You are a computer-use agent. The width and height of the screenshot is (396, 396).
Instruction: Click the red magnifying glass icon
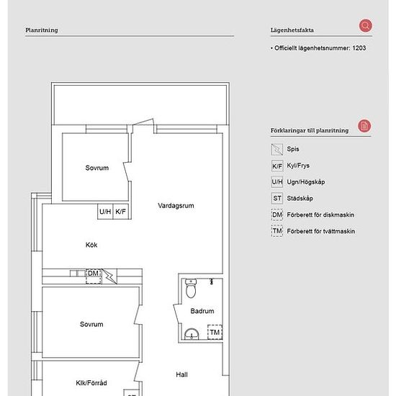coord(366,25)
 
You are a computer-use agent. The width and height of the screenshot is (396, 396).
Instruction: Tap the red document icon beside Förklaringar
coord(364,126)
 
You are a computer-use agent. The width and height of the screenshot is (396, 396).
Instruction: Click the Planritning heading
coord(42,30)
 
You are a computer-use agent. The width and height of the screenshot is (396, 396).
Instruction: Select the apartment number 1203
coord(359,48)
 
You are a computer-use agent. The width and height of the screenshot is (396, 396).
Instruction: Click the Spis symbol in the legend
coord(277,149)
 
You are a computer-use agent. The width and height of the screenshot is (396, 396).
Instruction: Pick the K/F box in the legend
coord(277,166)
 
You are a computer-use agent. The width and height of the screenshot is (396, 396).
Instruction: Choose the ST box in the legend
coord(277,198)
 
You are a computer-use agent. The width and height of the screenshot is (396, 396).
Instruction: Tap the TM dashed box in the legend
coord(277,231)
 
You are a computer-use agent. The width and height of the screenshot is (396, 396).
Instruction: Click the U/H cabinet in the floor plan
coord(105,212)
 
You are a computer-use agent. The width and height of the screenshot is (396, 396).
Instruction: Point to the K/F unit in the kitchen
coord(121,212)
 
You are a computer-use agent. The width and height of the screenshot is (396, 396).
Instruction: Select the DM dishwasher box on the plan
coord(94,276)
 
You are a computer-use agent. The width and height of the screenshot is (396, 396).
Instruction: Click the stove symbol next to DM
coord(109,276)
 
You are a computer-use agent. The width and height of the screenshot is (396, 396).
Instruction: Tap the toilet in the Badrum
coord(191,288)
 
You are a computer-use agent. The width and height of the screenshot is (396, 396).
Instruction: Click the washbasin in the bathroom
coord(192,333)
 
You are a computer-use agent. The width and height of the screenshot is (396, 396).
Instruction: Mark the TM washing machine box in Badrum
coord(215,332)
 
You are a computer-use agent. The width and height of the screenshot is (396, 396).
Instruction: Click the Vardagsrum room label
coord(176,206)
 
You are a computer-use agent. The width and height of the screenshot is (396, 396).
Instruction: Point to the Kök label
coord(91,245)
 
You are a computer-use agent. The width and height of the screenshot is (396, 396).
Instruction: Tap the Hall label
coord(181,374)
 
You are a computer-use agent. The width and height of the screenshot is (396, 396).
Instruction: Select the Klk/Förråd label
coord(91,383)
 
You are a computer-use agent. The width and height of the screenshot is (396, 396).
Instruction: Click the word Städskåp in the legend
coord(300,198)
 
